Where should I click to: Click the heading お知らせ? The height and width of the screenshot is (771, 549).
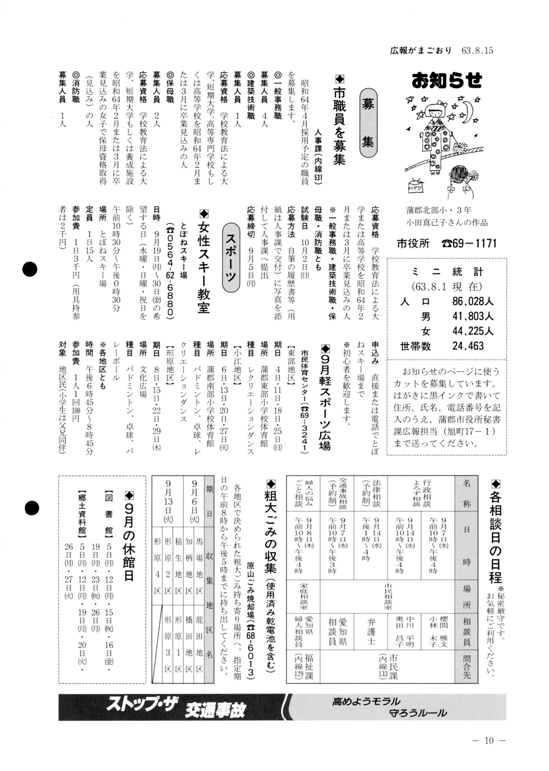point(447,80)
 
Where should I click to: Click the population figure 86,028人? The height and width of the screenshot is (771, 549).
point(473,301)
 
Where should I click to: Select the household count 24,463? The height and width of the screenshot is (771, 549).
point(468,346)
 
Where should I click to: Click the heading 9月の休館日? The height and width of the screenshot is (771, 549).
point(129,536)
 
